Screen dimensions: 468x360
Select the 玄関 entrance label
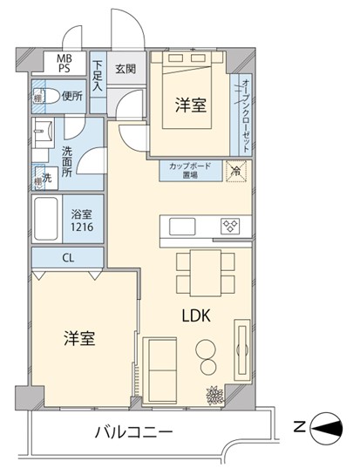pos(125,70)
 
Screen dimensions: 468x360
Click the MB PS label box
pos(65,64)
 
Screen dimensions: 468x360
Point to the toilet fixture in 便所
pos(47,97)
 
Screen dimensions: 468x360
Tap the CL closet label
pos(67,259)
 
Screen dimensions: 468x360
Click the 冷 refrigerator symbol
pos(236,171)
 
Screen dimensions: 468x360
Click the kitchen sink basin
pos(183,226)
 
